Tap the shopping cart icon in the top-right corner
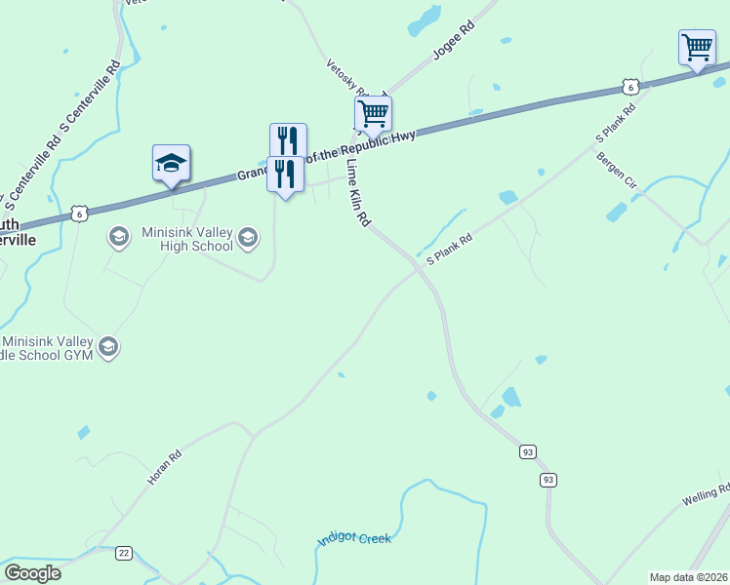coord(697,47)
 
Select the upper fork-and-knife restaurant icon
coord(288,139)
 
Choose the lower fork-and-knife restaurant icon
coord(285,174)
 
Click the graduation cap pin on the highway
coord(171,162)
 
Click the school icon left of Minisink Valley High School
coord(119,237)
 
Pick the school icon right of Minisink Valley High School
coord(248,237)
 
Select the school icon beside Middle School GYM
coord(108,347)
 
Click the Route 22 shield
coord(124,553)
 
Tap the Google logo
coord(32,573)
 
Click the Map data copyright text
coord(688,577)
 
